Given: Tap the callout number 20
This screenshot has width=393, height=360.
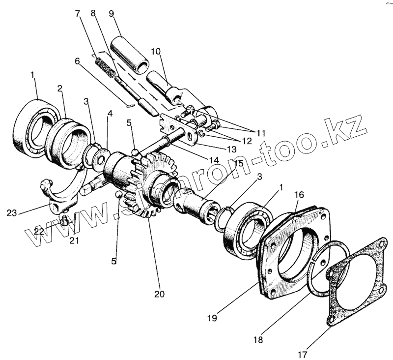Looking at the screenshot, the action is click(x=158, y=294).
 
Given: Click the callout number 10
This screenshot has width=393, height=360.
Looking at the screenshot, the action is click(x=155, y=51).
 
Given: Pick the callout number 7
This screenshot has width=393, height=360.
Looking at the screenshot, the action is click(x=78, y=13).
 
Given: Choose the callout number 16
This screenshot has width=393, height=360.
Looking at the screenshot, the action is click(x=299, y=195).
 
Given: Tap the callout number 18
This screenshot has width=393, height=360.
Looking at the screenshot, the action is click(x=258, y=339).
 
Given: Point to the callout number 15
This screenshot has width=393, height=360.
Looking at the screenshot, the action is click(x=238, y=163).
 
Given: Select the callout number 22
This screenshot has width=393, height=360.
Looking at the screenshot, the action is click(x=38, y=231).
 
